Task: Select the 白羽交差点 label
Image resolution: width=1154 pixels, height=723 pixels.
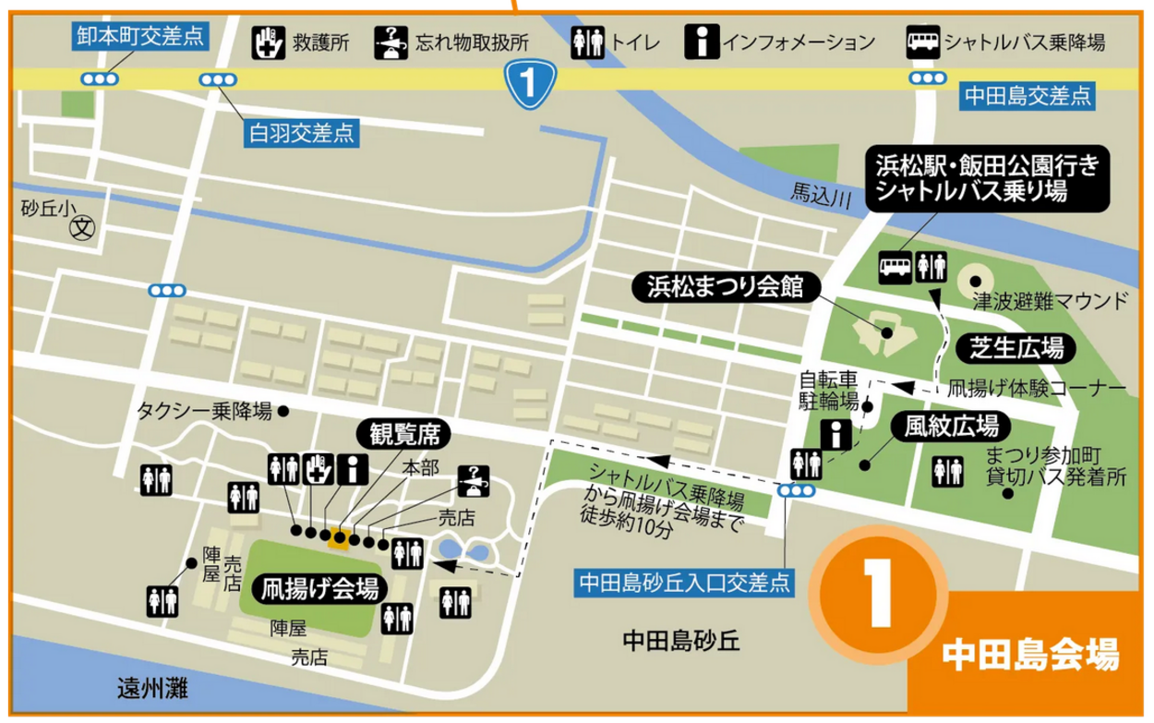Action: tap(301, 134)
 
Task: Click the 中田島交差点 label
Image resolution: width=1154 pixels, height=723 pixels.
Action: tap(1027, 94)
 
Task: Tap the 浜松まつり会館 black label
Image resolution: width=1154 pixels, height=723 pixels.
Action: tap(723, 288)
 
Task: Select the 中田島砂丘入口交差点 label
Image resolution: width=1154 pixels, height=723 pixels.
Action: tap(684, 583)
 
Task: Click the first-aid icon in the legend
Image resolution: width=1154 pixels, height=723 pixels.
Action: tap(268, 42)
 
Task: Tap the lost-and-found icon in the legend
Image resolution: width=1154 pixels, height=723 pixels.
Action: tap(389, 42)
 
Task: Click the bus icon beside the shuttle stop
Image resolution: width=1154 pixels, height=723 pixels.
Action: tap(894, 266)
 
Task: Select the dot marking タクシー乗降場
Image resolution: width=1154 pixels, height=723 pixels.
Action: tap(282, 410)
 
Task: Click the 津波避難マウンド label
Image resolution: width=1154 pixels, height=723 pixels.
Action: tap(1051, 301)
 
